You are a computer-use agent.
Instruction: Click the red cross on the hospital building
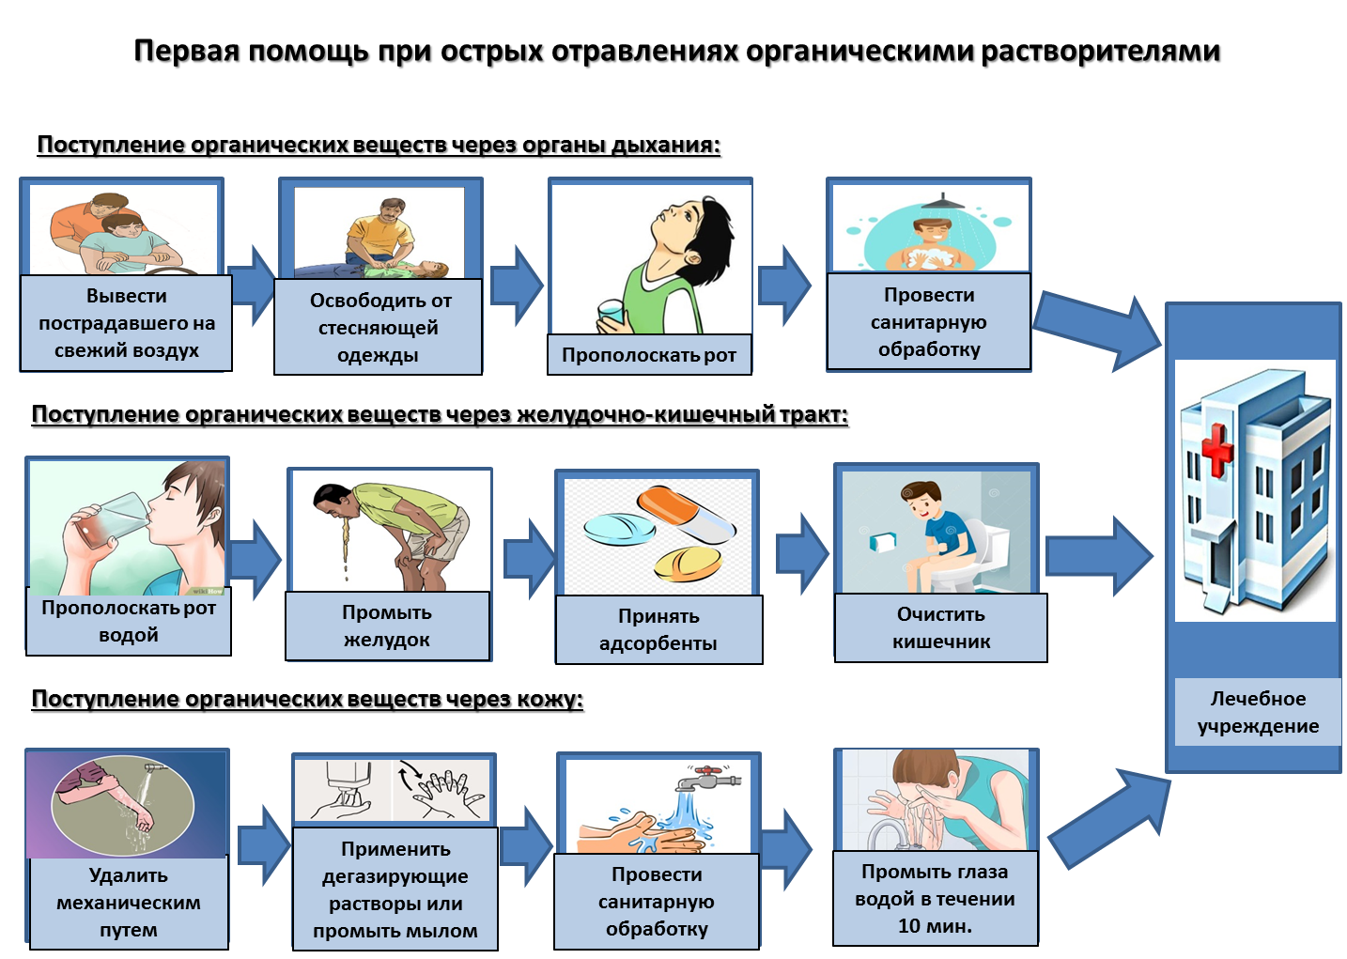[1216, 449]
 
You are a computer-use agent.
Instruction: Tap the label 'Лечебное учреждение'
[1258, 712]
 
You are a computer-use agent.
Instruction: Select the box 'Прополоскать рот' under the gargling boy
[649, 355]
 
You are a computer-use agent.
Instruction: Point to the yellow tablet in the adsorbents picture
[688, 564]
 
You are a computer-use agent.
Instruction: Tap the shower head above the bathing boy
[942, 202]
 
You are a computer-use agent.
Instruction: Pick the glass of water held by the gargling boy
[611, 314]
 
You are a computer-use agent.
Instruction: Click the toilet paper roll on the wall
[882, 542]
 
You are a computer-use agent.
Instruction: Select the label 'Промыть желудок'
[388, 626]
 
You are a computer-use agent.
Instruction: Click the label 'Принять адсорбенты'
[658, 629]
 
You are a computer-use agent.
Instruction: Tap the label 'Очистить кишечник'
[941, 627]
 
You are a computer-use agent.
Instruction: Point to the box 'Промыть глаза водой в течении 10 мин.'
[935, 898]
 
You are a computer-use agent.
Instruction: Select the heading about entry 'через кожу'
[307, 699]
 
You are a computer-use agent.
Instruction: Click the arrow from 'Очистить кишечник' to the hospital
[1099, 556]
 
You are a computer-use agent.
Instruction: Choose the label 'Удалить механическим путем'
[129, 903]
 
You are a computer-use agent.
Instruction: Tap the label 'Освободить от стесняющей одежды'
[379, 327]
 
